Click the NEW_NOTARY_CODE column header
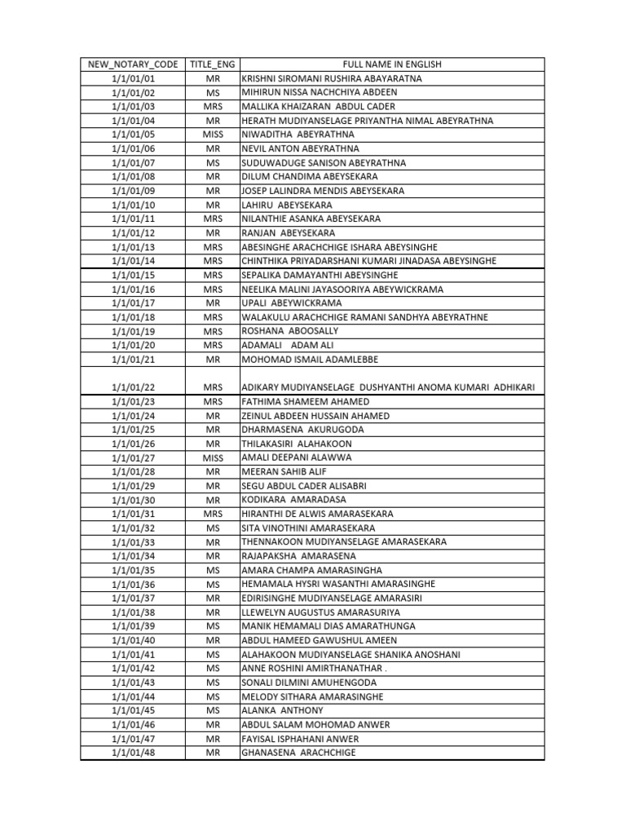(133, 64)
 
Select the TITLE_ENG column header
(214, 64)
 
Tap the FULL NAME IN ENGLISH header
(392, 64)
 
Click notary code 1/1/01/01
(133, 78)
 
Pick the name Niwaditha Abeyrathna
(286, 135)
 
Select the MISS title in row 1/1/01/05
(214, 135)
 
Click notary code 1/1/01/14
(133, 261)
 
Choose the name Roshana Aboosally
(289, 331)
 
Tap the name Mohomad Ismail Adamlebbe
(310, 360)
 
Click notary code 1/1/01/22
(133, 387)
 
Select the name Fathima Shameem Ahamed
(305, 402)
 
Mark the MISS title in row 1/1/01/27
(214, 458)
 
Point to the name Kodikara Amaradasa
(293, 500)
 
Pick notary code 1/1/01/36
(133, 585)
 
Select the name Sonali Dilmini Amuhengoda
(309, 683)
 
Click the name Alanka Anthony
(282, 711)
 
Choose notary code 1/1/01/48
(133, 753)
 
